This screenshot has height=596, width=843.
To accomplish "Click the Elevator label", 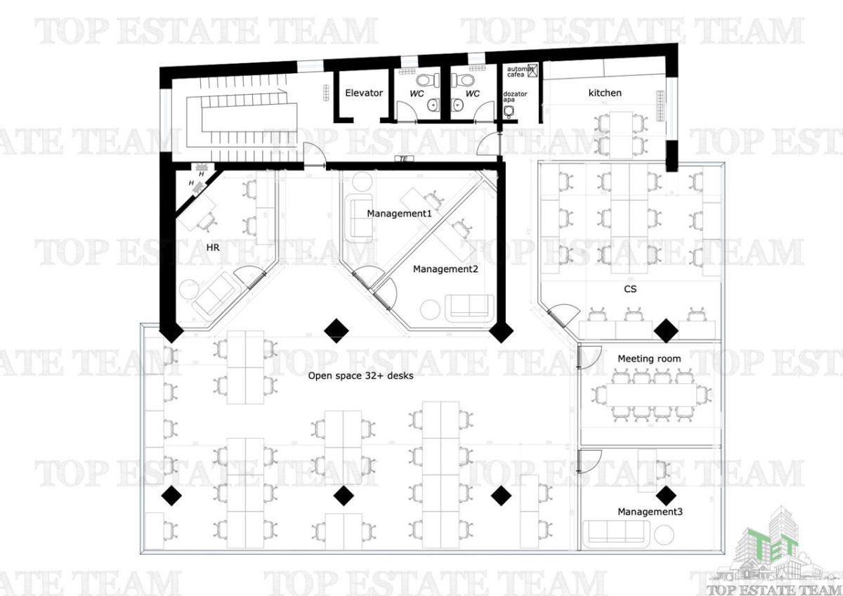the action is [364, 93].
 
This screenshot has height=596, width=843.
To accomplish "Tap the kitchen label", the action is [605, 93].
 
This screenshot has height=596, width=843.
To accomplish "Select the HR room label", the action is [213, 247].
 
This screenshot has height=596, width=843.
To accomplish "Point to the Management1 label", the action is [399, 214].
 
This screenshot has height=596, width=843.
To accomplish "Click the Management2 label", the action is [445, 268].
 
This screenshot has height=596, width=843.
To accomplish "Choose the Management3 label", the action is [650, 512].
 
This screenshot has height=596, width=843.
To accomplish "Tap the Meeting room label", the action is [649, 359].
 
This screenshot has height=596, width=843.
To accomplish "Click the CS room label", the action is [630, 289].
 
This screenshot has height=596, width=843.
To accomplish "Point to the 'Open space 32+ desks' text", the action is [360, 376].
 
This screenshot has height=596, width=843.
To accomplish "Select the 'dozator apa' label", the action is [515, 96].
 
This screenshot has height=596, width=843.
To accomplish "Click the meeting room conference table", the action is [651, 394].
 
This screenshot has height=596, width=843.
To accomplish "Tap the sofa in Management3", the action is [616, 534].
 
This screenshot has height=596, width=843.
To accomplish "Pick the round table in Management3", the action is [663, 534].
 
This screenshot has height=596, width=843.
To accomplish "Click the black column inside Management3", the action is [666, 496].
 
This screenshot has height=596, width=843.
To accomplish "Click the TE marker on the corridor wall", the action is [404, 159].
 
